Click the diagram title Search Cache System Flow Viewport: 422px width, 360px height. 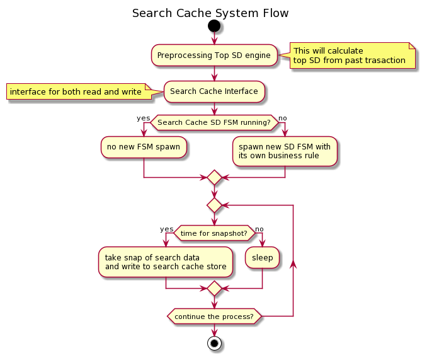tap(210, 13)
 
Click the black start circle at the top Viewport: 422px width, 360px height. tap(214, 26)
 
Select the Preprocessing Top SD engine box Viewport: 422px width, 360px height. tap(214, 55)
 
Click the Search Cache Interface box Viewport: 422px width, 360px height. tap(214, 91)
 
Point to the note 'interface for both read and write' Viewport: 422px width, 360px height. tap(76, 92)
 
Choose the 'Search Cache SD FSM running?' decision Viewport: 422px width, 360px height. tap(214, 122)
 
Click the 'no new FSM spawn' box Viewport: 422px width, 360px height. tap(144, 147)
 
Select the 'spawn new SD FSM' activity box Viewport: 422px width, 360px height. tap(285, 151)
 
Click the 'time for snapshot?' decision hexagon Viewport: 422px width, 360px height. tap(214, 233)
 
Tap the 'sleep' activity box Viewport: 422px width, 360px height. tap(263, 258)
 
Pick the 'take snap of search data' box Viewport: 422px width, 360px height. tap(165, 262)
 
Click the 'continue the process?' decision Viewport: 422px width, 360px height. tap(214, 316)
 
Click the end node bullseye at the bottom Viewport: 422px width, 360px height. tap(214, 344)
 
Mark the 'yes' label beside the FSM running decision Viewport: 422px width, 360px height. tap(144, 118)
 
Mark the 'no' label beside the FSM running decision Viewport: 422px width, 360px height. tap(283, 118)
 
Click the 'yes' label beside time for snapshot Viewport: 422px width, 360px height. tap(166, 229)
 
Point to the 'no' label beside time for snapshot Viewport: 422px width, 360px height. tap(259, 229)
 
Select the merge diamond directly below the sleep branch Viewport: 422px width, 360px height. tap(214, 289)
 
